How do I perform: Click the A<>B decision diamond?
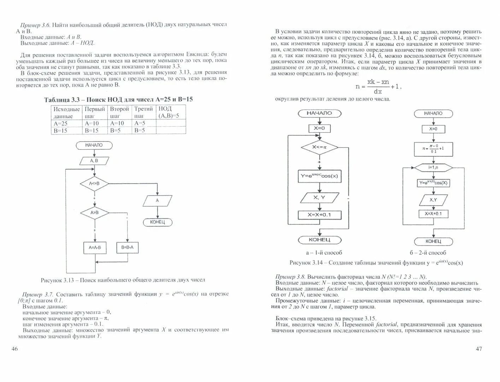94,184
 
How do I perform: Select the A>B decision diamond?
94,213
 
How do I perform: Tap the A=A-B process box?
94,248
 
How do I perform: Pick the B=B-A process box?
127,247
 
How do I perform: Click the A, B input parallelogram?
94,161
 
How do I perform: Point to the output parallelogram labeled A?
157,201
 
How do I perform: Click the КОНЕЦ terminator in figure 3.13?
157,222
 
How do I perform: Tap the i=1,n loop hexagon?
433,167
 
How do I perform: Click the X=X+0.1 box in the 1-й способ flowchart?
319,215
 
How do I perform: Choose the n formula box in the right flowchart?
433,149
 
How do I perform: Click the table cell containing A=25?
66,123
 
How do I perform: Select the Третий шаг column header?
143,112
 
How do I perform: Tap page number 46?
14,349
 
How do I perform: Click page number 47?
478,349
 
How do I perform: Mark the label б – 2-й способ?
428,253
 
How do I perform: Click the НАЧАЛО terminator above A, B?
94,145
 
